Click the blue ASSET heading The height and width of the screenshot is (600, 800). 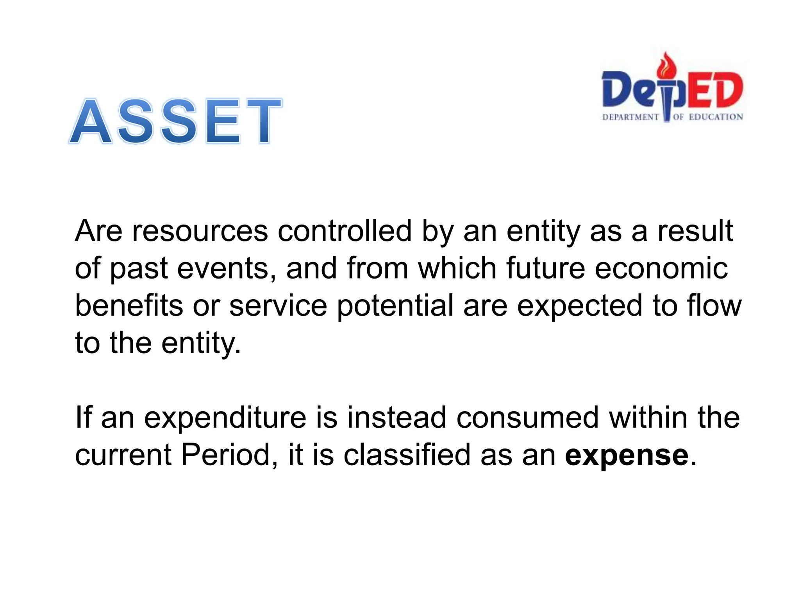coord(175,121)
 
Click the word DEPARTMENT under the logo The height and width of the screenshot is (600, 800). coord(630,117)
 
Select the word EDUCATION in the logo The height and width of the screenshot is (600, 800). coord(716,117)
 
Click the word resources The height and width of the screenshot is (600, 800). coord(200,231)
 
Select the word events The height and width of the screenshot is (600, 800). coord(227,269)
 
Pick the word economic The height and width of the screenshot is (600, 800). coord(661,269)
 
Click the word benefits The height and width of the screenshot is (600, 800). coord(129,305)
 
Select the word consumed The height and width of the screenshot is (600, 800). coord(527,417)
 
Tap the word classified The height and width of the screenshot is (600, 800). coord(407,455)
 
